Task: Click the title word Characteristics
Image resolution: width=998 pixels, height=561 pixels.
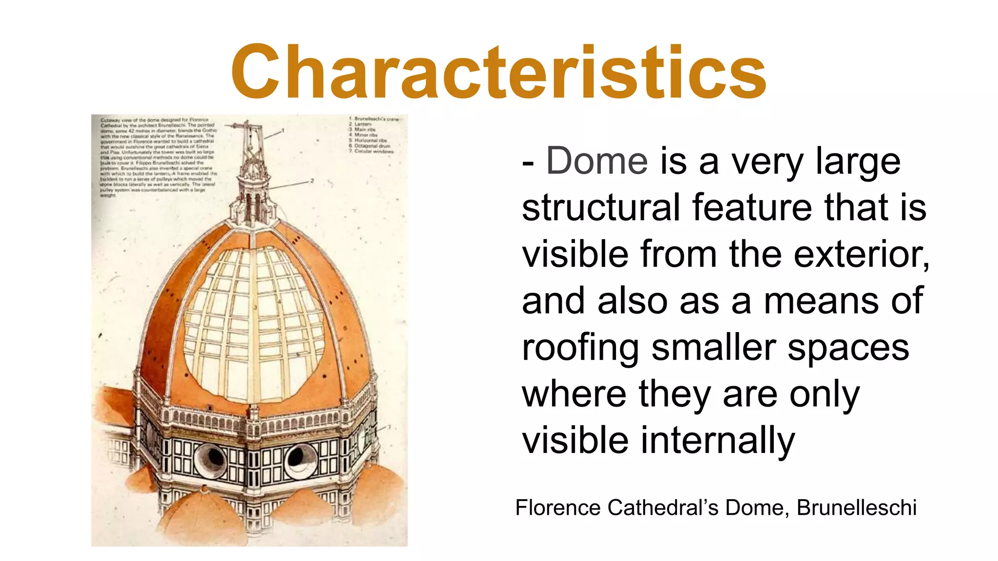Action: pyautogui.click(x=499, y=72)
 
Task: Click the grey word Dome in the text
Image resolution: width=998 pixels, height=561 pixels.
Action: pyautogui.click(x=597, y=161)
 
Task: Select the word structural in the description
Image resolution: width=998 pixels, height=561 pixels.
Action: pyautogui.click(x=600, y=208)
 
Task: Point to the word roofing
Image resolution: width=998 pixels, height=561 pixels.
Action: pyautogui.click(x=580, y=348)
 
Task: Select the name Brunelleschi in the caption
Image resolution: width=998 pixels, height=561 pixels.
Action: pyautogui.click(x=856, y=508)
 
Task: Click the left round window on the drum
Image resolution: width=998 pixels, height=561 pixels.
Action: pyautogui.click(x=211, y=458)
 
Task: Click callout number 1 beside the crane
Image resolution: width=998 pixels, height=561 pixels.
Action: pyautogui.click(x=283, y=131)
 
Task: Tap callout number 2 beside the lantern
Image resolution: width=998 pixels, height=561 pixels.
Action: pyautogui.click(x=312, y=181)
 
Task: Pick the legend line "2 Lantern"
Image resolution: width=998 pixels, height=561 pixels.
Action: pyautogui.click(x=361, y=124)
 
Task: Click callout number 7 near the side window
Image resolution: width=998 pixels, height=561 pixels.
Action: pyautogui.click(x=389, y=428)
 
